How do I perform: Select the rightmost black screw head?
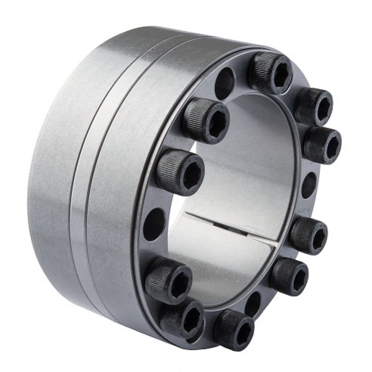(x=322, y=145)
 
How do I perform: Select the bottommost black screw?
(x=234, y=329)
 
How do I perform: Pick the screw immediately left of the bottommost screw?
(x=181, y=318)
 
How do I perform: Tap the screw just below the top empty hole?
(x=207, y=120)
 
